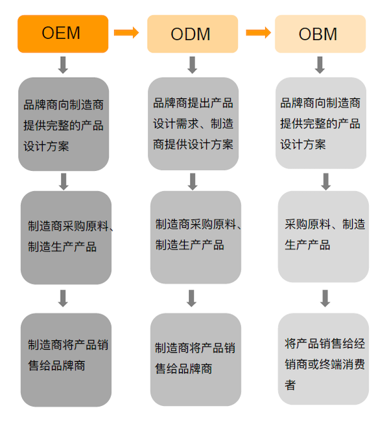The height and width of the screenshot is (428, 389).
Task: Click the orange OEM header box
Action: (x=63, y=34)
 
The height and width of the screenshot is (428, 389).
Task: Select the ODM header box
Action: (x=193, y=34)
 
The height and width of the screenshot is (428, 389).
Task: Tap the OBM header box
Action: (x=320, y=34)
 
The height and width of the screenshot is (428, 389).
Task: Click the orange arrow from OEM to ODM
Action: (x=126, y=33)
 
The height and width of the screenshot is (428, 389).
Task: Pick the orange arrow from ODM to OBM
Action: (x=258, y=33)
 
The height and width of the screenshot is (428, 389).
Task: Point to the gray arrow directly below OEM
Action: (x=63, y=65)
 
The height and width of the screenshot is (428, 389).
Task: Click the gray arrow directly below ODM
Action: (x=193, y=65)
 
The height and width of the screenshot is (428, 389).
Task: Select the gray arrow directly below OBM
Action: (x=320, y=65)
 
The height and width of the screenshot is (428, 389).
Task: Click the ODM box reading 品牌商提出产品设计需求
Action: (x=193, y=124)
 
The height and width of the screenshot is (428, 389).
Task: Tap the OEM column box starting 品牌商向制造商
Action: (x=64, y=124)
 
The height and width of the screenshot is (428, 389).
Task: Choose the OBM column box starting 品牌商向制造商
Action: (x=321, y=123)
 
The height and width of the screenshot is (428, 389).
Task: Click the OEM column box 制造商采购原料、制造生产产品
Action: (x=66, y=238)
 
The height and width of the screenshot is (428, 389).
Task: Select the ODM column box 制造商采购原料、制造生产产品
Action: (x=196, y=237)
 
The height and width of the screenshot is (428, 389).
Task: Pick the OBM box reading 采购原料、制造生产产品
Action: (x=324, y=236)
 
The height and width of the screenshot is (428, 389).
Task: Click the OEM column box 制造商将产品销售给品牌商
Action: (x=66, y=360)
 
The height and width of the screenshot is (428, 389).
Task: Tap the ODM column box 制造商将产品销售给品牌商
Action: (x=196, y=359)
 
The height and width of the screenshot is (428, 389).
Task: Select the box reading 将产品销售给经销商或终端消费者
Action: (x=324, y=359)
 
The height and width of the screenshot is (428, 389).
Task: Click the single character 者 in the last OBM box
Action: (x=290, y=385)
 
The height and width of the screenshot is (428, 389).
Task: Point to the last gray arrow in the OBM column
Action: (x=325, y=298)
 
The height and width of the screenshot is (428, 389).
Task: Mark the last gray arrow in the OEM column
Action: (x=63, y=298)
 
